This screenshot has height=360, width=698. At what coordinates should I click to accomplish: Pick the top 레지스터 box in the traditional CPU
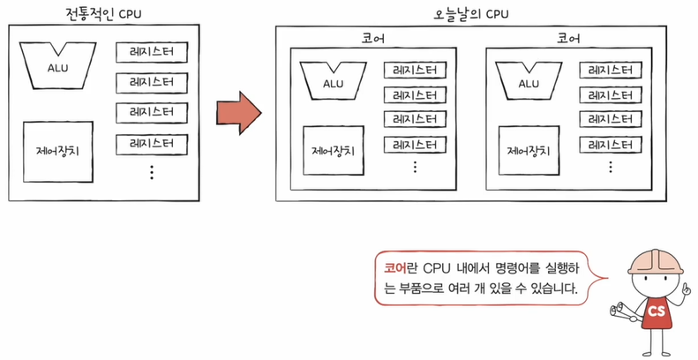pyautogui.click(x=151, y=52)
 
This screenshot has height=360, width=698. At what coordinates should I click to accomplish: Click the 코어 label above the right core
pyautogui.click(x=567, y=40)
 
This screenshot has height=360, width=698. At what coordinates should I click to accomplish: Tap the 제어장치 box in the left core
pyautogui.click(x=333, y=150)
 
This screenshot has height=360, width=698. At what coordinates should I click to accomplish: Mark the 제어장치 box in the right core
pyautogui.click(x=529, y=150)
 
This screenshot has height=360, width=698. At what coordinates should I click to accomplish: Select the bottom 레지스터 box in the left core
pyautogui.click(x=414, y=144)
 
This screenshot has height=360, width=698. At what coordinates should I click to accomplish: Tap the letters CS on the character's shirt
pyautogui.click(x=656, y=311)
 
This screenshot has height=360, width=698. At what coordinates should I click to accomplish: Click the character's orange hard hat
pyautogui.click(x=654, y=256)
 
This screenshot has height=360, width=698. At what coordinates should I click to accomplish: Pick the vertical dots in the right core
pyautogui.click(x=610, y=166)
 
